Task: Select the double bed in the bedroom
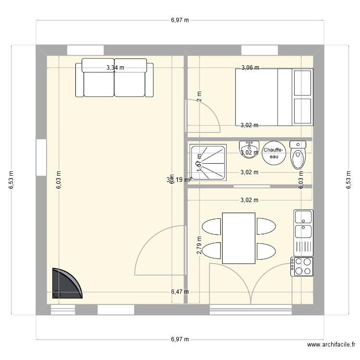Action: pos(274,96)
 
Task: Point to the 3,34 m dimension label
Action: pos(115,68)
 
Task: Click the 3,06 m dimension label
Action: pos(250,68)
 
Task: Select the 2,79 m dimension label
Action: pos(199,245)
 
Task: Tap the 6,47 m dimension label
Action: pos(180,291)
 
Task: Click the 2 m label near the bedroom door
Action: pos(199,96)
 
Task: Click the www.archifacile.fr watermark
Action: pos(331,345)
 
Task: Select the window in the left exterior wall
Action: pos(41,158)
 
